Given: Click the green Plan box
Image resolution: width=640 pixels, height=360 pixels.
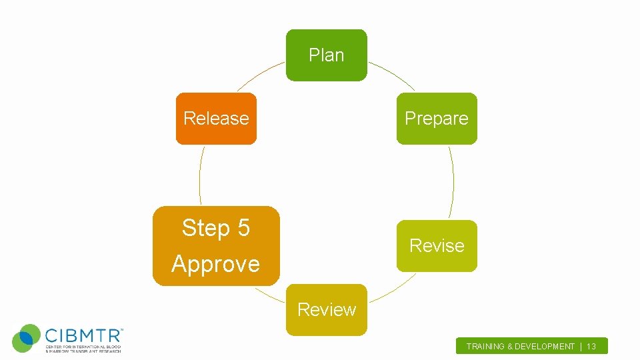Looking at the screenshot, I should tap(327, 55).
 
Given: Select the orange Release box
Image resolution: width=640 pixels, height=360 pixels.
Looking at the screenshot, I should tap(216, 119).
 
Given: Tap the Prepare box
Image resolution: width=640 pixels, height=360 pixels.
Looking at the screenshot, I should tap(437, 119).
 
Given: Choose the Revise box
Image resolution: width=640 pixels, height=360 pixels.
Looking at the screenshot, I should tap(437, 246).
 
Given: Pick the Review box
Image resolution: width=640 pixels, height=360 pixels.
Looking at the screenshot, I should tap(327, 310).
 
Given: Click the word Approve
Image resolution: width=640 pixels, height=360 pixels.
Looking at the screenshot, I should tap(215, 264).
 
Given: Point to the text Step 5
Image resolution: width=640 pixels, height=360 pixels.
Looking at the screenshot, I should tap(215, 228).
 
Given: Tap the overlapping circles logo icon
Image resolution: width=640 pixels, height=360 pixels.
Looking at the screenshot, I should tap(27, 338).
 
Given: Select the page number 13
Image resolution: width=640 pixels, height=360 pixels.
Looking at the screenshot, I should tap(591, 347).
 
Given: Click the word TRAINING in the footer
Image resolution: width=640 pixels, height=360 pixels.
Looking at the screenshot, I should tap(487, 347).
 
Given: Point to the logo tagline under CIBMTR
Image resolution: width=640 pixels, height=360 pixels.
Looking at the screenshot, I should tap(83, 349).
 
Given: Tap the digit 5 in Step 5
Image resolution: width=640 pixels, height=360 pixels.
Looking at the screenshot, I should tap(242, 228).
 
